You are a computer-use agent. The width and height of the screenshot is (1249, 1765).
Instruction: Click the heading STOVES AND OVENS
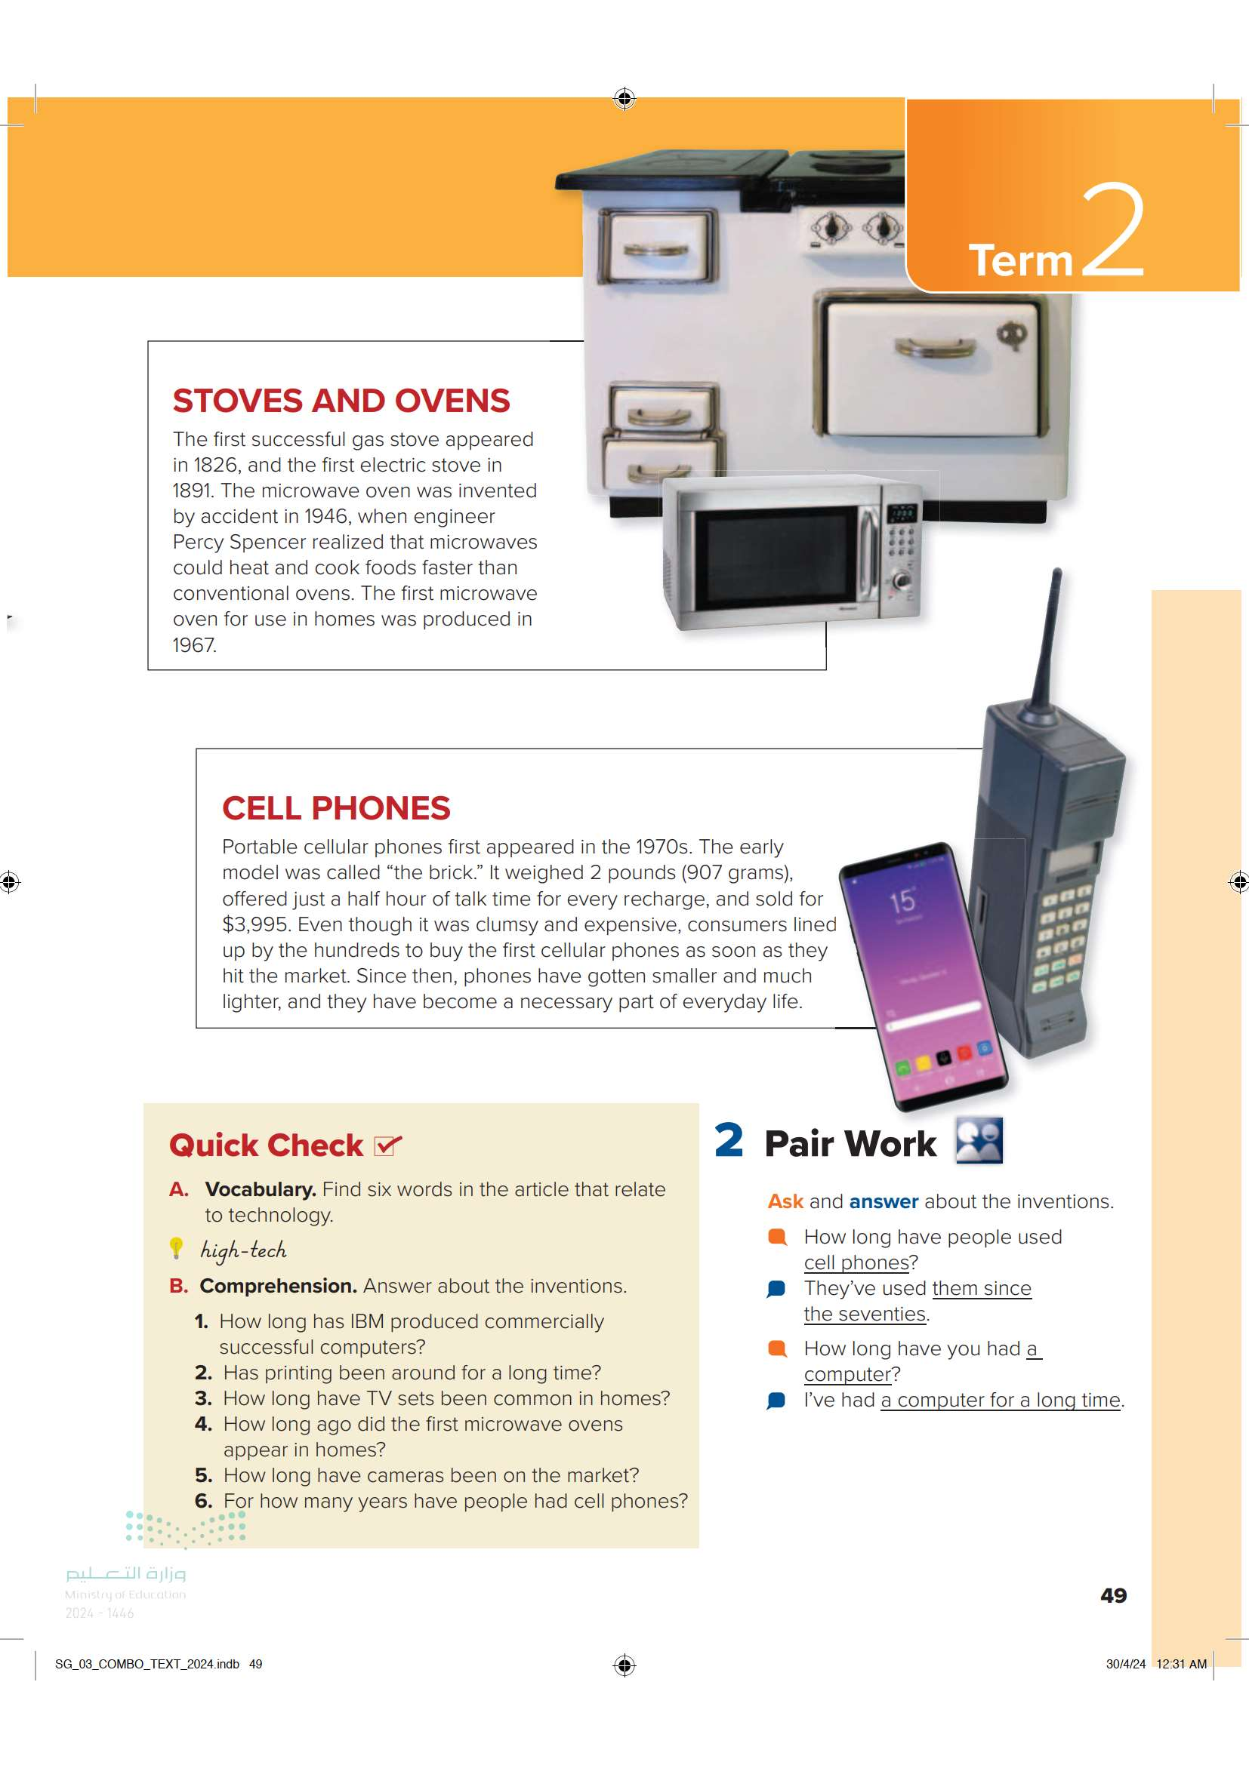[x=341, y=401]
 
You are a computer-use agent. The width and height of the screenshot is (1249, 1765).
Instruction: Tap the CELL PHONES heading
[x=336, y=808]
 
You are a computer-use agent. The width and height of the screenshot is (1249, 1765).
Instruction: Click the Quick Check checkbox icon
[x=387, y=1145]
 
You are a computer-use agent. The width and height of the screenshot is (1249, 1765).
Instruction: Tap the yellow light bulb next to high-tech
[x=176, y=1247]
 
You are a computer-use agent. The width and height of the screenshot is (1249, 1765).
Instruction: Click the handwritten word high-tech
[x=243, y=1250]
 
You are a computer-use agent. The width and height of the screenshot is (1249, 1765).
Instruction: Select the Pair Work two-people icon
[x=979, y=1140]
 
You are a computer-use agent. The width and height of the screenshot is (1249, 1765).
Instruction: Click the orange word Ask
[x=785, y=1201]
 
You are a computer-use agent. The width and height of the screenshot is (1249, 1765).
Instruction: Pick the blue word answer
[x=884, y=1201]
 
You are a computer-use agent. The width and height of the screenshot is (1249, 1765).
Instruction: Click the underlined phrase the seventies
[x=865, y=1315]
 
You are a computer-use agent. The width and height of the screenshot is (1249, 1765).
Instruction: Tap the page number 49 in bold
[x=1113, y=1596]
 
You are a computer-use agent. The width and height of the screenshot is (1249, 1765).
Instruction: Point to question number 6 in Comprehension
[x=204, y=1502]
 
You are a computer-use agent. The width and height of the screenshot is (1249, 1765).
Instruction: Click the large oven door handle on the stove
[x=933, y=348]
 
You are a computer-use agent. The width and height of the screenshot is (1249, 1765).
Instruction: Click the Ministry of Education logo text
[x=125, y=1594]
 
